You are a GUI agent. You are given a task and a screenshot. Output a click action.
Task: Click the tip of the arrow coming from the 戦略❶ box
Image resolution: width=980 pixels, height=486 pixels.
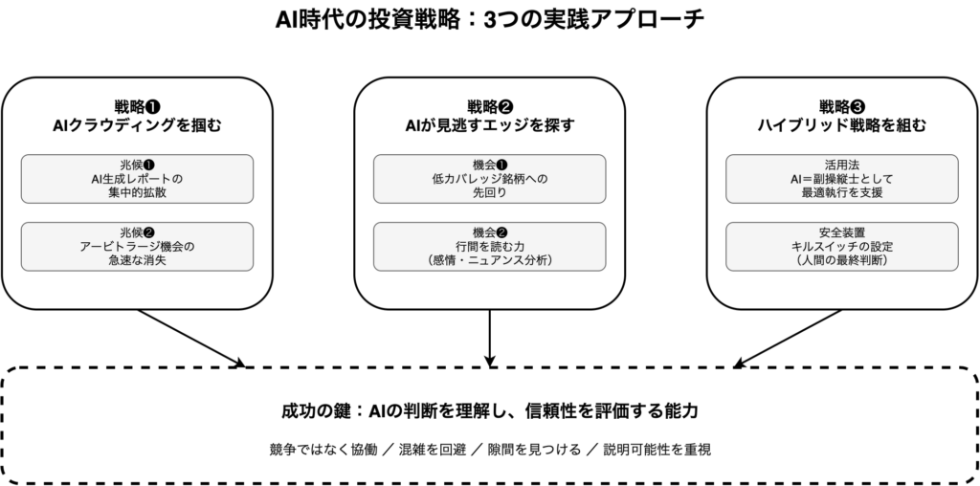(245, 366)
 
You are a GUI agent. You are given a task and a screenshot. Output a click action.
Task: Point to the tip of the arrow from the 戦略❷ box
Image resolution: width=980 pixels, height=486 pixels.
(490, 367)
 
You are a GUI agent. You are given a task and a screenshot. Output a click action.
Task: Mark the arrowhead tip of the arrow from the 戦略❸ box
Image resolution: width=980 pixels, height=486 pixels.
(734, 366)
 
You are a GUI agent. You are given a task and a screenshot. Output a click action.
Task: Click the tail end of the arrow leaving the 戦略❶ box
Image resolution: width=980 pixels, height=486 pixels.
(138, 310)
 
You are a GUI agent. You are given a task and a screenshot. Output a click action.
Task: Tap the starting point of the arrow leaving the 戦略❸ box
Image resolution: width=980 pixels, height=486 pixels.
(842, 310)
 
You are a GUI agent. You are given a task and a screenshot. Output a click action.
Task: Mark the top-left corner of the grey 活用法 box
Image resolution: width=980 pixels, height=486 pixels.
(726, 155)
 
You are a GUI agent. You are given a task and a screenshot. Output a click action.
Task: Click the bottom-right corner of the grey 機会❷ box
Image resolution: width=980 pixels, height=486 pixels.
(606, 271)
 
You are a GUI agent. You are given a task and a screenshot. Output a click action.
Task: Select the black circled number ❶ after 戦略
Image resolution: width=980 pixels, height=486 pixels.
(153, 107)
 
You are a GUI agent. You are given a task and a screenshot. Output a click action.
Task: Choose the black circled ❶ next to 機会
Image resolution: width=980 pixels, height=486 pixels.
(501, 166)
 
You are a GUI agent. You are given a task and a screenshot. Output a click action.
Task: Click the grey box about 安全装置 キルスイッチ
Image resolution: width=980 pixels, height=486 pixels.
(842, 247)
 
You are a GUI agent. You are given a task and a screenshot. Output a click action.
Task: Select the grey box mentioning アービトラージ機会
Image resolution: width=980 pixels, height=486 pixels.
(138, 247)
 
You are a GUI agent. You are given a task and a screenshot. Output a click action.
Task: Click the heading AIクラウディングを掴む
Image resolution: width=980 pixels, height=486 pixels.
(138, 125)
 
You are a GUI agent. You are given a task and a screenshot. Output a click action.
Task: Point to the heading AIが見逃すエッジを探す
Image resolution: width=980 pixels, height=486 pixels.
(490, 125)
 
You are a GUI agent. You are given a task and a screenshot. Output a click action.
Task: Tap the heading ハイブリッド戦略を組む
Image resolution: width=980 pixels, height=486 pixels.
(842, 125)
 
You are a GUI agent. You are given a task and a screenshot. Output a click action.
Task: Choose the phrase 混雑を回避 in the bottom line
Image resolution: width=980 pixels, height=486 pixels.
(433, 450)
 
